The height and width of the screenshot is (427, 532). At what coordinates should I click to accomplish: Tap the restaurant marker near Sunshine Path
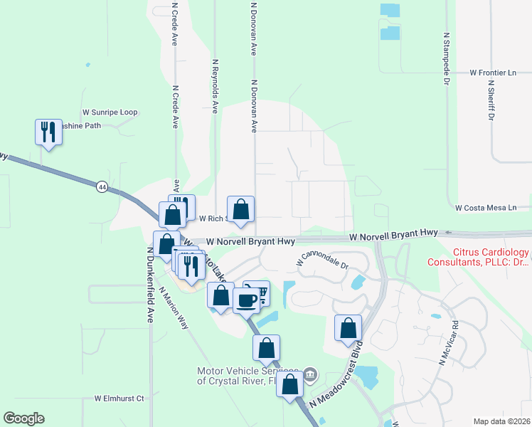coord(48,132)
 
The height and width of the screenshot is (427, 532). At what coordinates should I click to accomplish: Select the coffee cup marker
coord(245,300)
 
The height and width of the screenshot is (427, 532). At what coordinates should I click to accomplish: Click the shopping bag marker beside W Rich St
coord(240,209)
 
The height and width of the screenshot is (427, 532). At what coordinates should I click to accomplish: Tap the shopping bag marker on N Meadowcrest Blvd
coord(348,328)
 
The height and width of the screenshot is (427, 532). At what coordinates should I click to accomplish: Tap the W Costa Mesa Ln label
coord(486,207)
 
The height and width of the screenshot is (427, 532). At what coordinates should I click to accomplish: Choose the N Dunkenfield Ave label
coord(151,284)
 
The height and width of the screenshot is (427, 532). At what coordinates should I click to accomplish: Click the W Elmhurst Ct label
coord(119,398)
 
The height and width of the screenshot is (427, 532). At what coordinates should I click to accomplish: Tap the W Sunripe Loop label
coord(110,112)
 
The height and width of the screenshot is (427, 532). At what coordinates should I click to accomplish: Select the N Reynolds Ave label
coord(215,86)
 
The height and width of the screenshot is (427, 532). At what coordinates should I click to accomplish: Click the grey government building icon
coord(310,374)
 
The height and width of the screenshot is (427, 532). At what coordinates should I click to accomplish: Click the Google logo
coord(23,418)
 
